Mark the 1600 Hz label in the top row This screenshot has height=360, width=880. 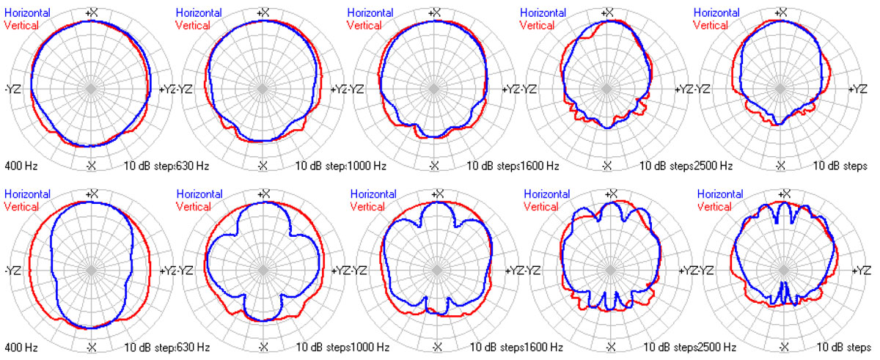click(541, 166)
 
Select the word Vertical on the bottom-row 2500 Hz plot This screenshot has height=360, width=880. click(714, 206)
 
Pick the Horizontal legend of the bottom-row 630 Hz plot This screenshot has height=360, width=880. click(199, 194)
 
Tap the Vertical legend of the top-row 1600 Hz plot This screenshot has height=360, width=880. click(538, 25)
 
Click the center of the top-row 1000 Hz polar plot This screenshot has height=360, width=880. click(435, 89)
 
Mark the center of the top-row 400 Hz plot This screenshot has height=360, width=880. click(92, 89)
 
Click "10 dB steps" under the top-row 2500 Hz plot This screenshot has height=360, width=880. click(841, 166)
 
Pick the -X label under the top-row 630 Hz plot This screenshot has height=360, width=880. click(263, 166)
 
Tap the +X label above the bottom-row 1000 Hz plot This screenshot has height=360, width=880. click(438, 194)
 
